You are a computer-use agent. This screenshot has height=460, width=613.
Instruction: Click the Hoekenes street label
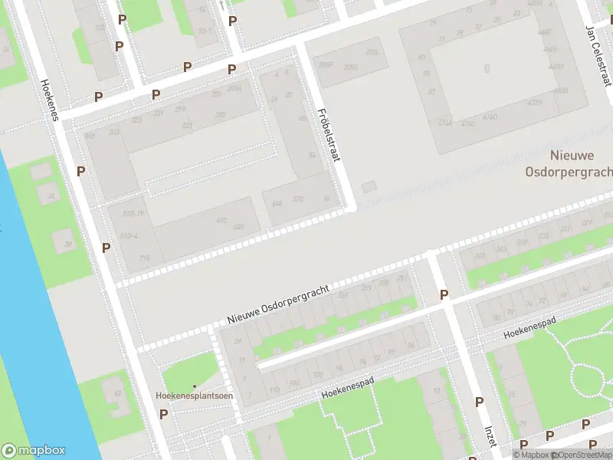click(x=50, y=100)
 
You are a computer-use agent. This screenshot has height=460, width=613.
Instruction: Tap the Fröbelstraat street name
click(x=329, y=134)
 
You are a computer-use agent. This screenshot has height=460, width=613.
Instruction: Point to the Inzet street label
click(x=490, y=435)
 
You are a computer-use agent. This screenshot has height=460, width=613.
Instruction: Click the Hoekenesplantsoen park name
click(x=195, y=396)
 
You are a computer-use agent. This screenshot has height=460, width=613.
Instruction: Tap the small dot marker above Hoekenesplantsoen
click(x=195, y=386)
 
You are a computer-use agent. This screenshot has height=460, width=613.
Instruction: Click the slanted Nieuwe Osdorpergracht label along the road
click(x=278, y=304)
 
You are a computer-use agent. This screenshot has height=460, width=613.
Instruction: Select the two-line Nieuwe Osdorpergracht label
click(x=568, y=164)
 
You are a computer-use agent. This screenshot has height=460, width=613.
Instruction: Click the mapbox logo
click(x=33, y=451)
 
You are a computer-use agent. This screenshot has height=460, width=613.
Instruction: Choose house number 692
click(x=221, y=221)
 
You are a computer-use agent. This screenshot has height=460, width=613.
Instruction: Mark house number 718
click(x=144, y=258)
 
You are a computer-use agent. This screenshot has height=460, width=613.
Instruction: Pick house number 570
click(x=298, y=199)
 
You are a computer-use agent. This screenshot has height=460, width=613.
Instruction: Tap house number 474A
click(x=445, y=122)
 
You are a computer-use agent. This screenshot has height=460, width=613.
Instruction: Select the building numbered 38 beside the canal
click(x=67, y=245)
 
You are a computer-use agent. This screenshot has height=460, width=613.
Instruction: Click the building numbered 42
click(x=117, y=393)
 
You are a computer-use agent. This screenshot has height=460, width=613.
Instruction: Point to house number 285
click(x=221, y=114)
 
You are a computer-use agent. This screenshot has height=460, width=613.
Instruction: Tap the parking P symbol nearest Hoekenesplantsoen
click(x=163, y=414)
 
